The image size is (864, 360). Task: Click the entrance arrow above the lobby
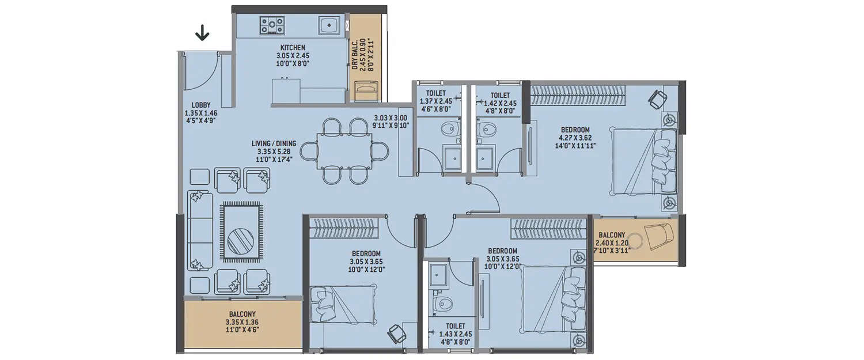point(202,35)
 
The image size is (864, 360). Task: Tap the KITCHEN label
point(293,47)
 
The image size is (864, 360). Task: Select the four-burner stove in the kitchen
point(272,25)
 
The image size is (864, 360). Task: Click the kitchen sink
point(329,25)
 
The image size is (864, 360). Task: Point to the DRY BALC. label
point(355,55)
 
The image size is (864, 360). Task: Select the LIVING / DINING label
point(274,143)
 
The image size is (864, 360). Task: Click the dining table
point(343,151)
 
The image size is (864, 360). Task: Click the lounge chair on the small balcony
point(657,234)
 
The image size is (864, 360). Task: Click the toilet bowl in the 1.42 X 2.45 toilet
point(489,128)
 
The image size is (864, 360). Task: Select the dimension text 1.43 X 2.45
point(456,334)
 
